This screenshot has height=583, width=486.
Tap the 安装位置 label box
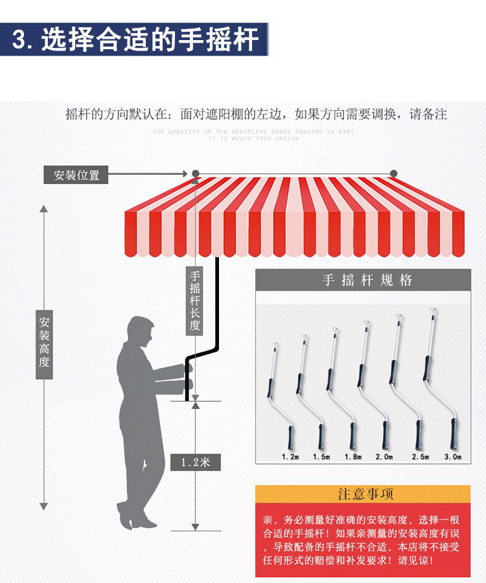click(76, 175)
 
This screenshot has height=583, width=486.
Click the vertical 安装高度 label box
click(44, 342)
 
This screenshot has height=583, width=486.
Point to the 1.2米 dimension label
click(195, 462)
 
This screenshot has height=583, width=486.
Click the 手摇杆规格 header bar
click(363, 280)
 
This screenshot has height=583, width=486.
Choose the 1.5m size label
click(321, 457)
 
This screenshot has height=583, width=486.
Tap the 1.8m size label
click(353, 457)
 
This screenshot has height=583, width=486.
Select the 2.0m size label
click(384, 457)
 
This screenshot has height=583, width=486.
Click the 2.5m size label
click(420, 457)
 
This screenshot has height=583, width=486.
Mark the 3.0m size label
click(453, 457)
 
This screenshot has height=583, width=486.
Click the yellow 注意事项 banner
click(363, 494)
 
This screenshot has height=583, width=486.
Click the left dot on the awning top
click(195, 173)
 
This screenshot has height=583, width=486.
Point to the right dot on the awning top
click(393, 173)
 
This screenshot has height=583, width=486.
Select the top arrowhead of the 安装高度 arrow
click(44, 209)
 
